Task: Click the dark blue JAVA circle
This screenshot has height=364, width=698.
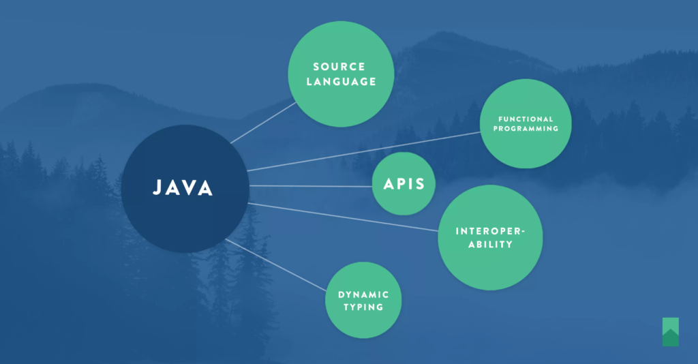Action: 185,189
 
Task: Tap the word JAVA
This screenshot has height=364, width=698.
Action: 183,187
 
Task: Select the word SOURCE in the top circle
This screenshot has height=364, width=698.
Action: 339,67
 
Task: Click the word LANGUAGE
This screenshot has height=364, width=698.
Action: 342,81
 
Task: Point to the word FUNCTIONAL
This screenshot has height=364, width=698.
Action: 526,119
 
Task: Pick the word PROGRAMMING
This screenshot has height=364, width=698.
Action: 526,129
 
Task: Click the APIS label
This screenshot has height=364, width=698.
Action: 404,184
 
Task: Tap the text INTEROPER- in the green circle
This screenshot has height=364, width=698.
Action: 491,231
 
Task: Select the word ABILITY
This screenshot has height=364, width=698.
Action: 491,244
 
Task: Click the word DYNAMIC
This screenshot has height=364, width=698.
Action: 364,294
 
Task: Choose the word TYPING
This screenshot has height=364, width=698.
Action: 363,307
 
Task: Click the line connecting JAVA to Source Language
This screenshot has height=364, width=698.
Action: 263,123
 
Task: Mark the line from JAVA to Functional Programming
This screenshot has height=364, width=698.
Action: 364,151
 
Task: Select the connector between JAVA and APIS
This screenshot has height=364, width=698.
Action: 311,186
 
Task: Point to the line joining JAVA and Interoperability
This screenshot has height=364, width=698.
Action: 343,217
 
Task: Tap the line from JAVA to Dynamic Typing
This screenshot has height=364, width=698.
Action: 276,264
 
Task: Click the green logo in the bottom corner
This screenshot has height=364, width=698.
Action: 671,332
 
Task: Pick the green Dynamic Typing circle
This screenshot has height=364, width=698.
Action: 363,300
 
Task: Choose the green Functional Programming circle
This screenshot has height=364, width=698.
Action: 526,123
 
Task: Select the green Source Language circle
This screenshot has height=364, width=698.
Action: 341,74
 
